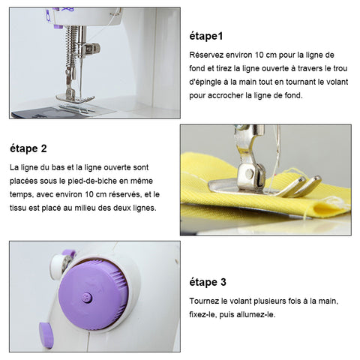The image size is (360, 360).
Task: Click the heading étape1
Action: click(x=206, y=37)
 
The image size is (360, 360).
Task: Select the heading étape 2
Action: click(x=28, y=148)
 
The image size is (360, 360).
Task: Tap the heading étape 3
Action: click(x=208, y=283)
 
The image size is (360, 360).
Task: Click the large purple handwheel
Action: click(x=94, y=295)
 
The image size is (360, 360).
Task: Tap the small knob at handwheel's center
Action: click(x=87, y=298)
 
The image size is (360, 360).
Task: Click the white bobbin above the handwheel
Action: click(x=60, y=265)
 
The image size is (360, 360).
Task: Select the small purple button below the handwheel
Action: click(x=46, y=334)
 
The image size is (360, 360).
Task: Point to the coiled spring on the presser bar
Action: click(x=70, y=46)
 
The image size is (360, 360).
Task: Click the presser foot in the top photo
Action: click(x=75, y=98)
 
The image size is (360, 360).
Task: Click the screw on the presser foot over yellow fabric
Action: click(x=249, y=174)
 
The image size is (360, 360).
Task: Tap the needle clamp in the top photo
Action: click(x=91, y=49)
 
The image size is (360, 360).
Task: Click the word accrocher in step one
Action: click(x=225, y=96)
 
